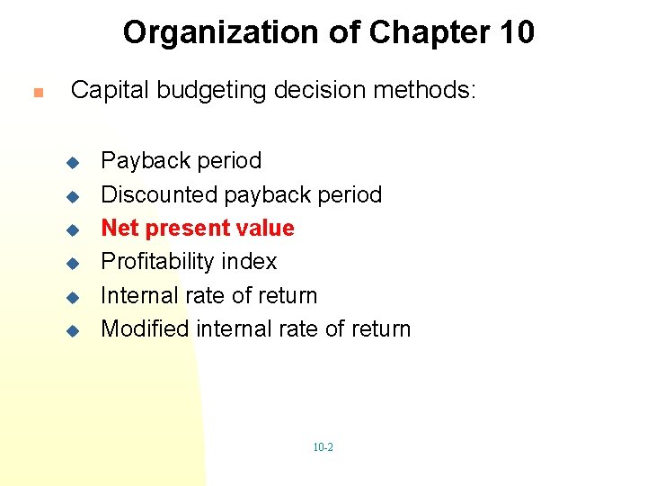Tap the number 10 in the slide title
point(515,33)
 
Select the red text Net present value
point(198,228)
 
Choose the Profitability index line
point(189,262)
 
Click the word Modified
point(145,329)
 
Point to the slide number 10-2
point(323,447)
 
